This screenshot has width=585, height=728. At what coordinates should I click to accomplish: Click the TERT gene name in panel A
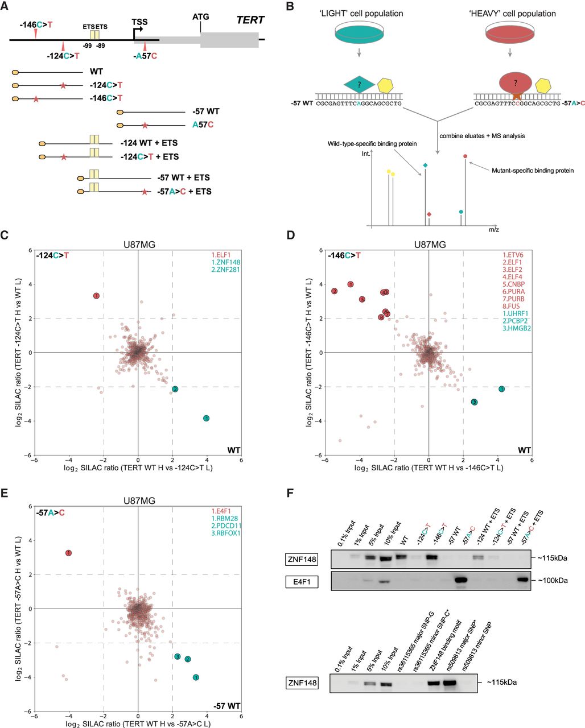pos(250,20)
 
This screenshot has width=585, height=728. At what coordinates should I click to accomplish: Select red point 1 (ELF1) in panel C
pos(97,296)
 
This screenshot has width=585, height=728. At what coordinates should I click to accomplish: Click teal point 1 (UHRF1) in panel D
pos(501,388)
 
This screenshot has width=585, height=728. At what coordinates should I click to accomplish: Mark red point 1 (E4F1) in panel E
pos(69,553)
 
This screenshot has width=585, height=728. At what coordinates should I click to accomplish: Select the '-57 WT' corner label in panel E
pos(228,706)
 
